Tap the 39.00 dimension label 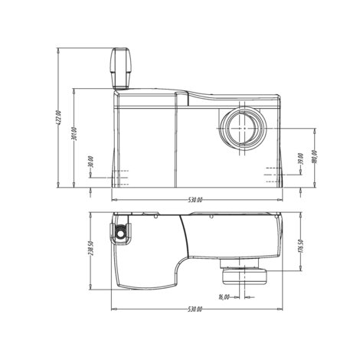click(301, 159)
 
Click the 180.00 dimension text click(314, 156)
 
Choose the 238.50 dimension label click(90, 252)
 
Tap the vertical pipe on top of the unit click(121, 69)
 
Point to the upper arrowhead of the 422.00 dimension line click(61, 51)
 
